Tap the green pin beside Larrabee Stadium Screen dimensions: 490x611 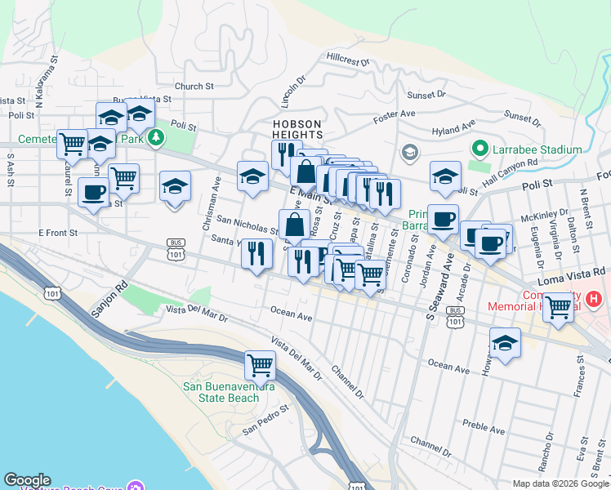coord(479,149)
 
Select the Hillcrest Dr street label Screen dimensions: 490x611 coord(348,59)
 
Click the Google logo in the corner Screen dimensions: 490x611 coord(27,480)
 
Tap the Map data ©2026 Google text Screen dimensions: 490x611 coord(561,483)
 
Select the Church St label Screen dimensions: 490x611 coord(194,85)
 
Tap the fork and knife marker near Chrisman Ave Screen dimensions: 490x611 coord(256,254)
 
